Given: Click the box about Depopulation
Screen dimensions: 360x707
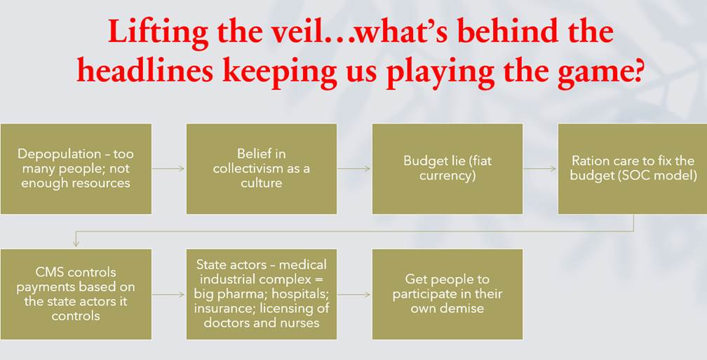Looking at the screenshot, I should (76, 168).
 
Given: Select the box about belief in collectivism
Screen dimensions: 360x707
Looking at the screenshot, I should (262, 168).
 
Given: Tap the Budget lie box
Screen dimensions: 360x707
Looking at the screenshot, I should (447, 168).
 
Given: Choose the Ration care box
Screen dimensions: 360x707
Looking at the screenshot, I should (632, 168).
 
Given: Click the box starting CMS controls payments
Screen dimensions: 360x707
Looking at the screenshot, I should (76, 294).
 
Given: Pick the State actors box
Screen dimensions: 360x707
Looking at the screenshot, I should (262, 294).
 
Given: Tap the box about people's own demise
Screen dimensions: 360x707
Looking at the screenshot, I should (447, 294).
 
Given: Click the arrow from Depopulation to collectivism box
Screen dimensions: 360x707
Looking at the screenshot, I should (168, 168).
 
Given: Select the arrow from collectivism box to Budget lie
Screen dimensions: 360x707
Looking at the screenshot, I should (354, 168).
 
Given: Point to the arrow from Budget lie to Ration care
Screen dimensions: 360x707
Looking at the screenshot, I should (540, 168).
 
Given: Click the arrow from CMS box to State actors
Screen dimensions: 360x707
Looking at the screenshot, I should (168, 294).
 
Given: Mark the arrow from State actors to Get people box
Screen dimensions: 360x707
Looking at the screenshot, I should (354, 294).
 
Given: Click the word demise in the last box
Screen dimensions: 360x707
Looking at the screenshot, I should (462, 308).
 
